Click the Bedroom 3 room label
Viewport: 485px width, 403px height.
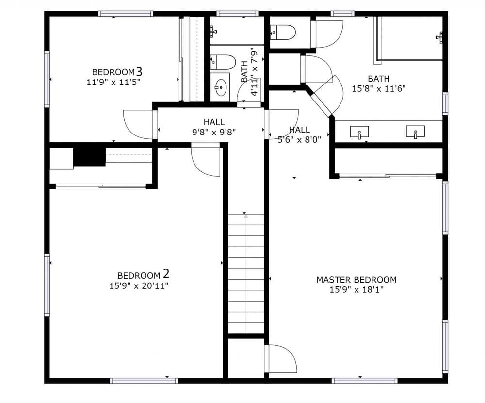tap(117, 72)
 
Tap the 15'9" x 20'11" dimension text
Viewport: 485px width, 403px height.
tap(139, 285)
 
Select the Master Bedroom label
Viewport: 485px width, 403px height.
tap(356, 280)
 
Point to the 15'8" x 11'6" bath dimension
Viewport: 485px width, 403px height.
tap(379, 89)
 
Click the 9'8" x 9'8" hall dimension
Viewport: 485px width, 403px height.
tap(214, 132)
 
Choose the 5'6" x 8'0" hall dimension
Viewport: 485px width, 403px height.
tap(299, 140)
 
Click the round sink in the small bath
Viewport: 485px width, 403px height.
tap(221, 87)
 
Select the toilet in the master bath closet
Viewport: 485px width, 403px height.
tap(283, 32)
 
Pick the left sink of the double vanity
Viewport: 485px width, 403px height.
tap(359, 132)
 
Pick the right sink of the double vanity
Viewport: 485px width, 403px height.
tap(416, 132)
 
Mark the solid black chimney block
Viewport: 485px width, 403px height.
tap(90, 157)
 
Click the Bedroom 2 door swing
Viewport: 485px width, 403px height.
tap(206, 160)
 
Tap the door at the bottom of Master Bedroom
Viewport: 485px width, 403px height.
tap(280, 358)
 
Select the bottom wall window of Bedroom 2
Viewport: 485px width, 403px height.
tap(144, 381)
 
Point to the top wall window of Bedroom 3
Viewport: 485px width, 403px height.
tap(126, 13)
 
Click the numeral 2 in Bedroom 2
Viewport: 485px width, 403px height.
tap(166, 274)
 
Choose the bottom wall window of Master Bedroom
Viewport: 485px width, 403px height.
tap(364, 381)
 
